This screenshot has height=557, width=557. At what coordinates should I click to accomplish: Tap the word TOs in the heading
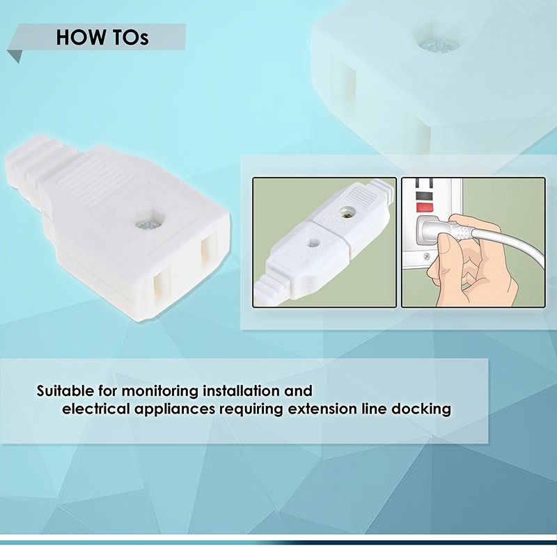(130, 38)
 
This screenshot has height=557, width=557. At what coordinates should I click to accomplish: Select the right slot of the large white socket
(208, 257)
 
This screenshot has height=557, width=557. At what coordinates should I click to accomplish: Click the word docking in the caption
(422, 409)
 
